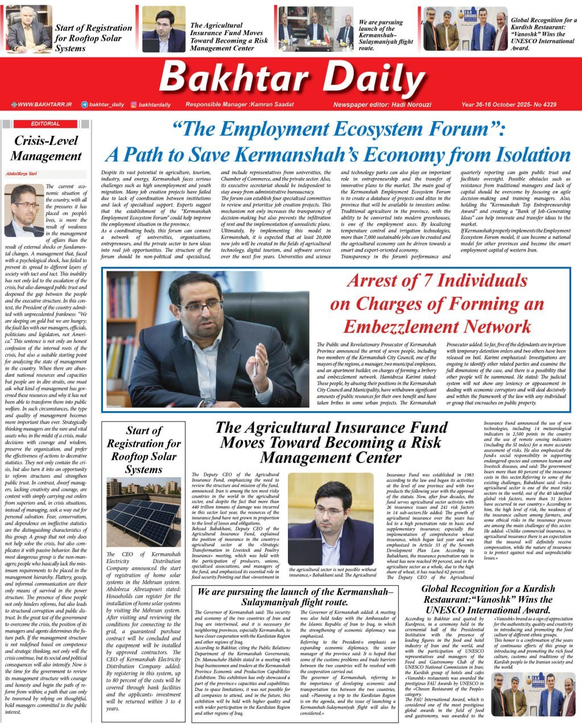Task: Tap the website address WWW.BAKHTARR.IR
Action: (44, 105)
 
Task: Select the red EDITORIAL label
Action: (46, 123)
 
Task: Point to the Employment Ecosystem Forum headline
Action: (338, 143)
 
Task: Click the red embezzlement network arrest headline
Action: (437, 304)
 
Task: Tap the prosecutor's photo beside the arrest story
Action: (208, 340)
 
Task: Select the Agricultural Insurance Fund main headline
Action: (331, 442)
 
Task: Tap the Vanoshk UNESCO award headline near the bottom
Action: (488, 599)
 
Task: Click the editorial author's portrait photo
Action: (24, 210)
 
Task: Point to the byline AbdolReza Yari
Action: (20, 175)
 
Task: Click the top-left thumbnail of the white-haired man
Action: (28, 28)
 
